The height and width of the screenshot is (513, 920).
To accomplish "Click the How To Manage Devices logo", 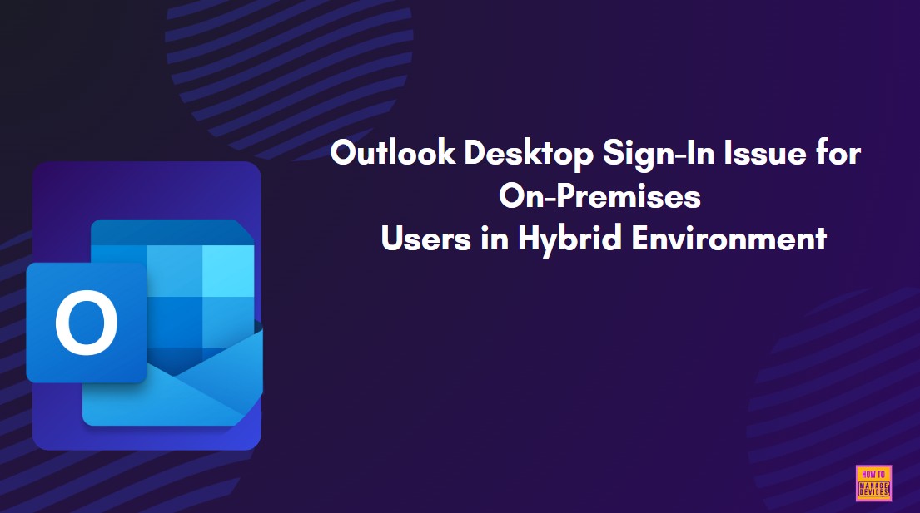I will pos(873,483).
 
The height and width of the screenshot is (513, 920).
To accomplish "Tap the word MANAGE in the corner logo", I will pos(873,486).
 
